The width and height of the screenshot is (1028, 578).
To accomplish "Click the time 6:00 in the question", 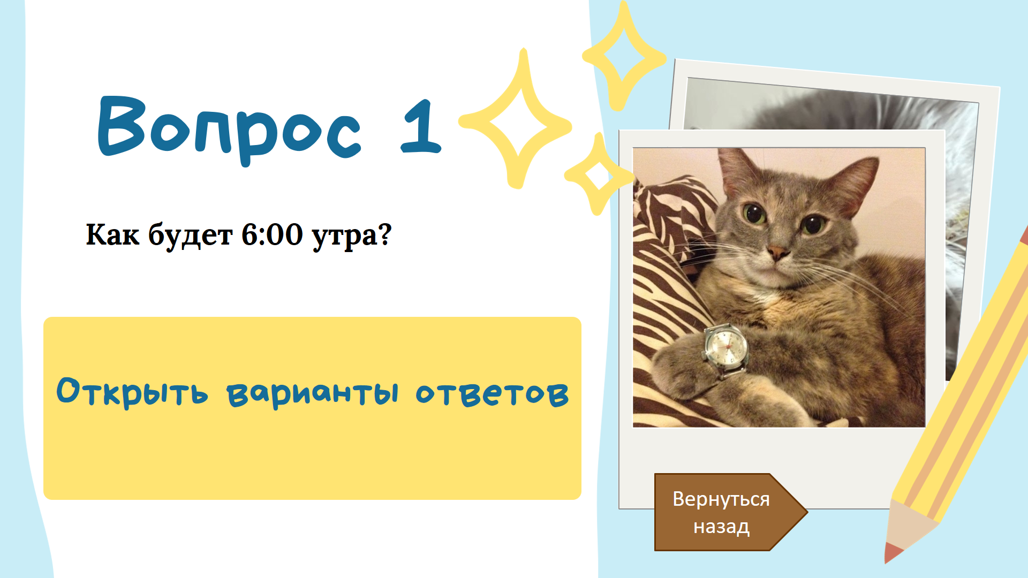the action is click(x=272, y=234).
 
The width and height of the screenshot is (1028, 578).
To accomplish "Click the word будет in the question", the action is click(x=190, y=235).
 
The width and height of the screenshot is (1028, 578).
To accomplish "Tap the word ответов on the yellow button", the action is click(x=492, y=393).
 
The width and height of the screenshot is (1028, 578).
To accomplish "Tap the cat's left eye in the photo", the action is click(x=754, y=214).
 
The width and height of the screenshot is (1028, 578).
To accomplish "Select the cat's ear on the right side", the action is click(x=853, y=184).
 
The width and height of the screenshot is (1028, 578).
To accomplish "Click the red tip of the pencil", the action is click(x=893, y=553).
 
